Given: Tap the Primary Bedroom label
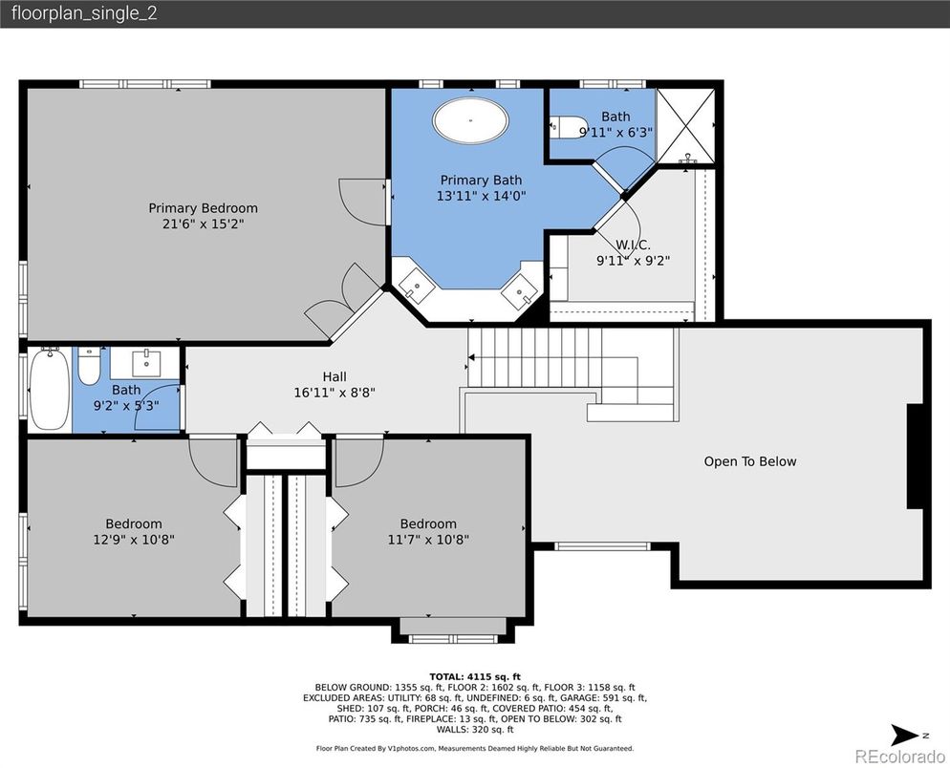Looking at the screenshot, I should [203, 208].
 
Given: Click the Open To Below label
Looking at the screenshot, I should [750, 461].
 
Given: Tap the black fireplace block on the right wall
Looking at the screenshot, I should [916, 456].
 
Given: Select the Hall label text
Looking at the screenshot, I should [334, 376].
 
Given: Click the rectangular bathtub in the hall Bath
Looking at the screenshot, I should [49, 389].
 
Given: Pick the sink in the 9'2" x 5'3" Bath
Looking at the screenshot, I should [146, 363].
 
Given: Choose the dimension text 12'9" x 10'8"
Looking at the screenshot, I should [134, 540].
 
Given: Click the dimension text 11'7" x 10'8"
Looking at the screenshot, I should [428, 540].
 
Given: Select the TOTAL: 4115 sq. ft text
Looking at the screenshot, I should [475, 676].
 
